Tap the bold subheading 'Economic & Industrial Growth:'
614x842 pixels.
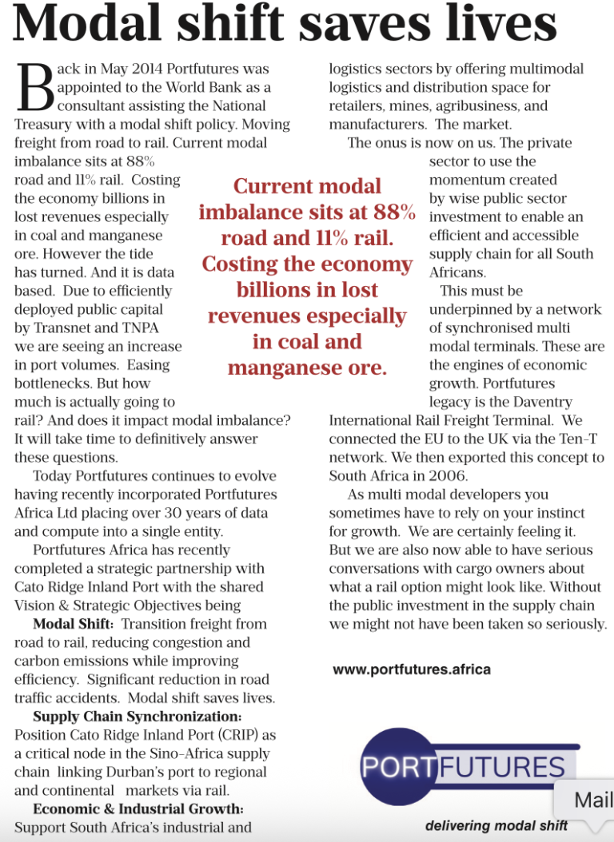click(138, 809)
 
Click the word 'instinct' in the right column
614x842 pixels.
click(559, 513)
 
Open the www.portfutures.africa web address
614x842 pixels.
click(411, 669)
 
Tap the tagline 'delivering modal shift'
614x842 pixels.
click(496, 825)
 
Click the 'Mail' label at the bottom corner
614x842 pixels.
click(592, 800)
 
